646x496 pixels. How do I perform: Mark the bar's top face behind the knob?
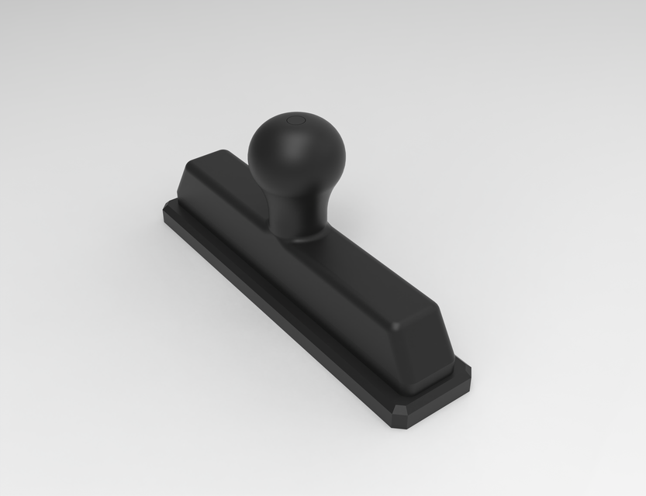point(233,167)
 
